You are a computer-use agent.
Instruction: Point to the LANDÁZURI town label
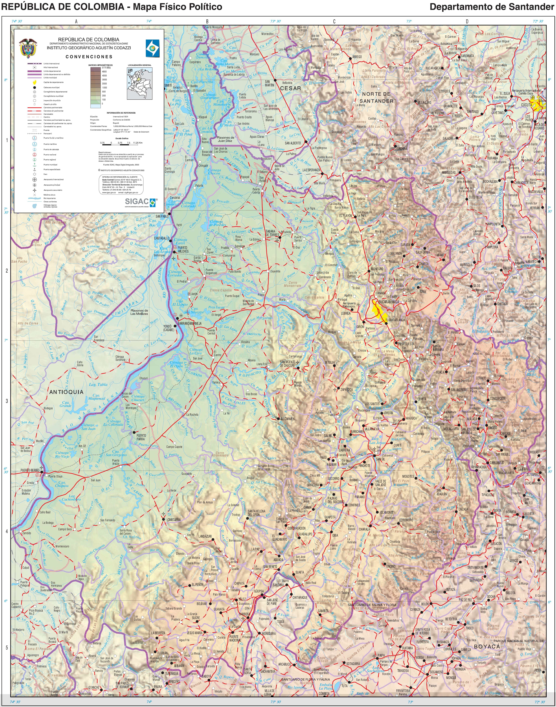[x=205, y=536]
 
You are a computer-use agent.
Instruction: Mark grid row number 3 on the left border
[x=7, y=401]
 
